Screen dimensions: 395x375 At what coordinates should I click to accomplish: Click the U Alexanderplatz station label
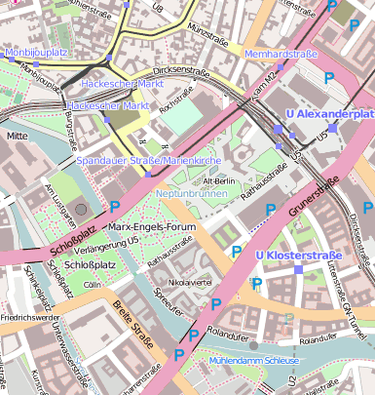click(x=334, y=114)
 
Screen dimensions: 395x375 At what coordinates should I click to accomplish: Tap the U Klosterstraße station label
click(x=297, y=256)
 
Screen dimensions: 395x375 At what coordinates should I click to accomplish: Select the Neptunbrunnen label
click(x=191, y=193)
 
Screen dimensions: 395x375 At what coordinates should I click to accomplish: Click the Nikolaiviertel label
click(x=190, y=282)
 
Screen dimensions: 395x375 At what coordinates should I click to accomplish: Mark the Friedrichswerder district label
click(x=28, y=317)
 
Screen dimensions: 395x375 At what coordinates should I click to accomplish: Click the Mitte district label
click(x=18, y=137)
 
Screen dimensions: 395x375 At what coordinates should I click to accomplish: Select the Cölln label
click(x=93, y=284)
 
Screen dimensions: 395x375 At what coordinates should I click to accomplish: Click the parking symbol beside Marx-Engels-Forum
click(x=115, y=206)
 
